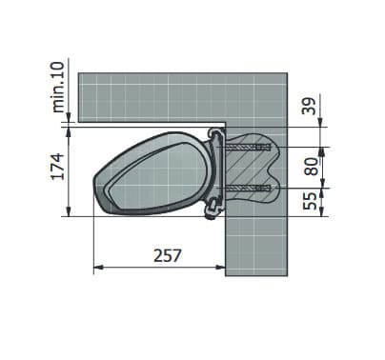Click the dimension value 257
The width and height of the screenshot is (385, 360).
point(168,255)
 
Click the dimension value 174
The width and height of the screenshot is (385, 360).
point(58,167)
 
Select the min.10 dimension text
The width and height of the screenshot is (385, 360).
point(58,87)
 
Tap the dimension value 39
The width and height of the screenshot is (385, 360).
point(310,106)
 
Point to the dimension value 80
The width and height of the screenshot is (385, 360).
point(311,167)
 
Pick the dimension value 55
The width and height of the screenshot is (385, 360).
point(310,200)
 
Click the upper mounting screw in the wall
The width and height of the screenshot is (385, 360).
point(248,147)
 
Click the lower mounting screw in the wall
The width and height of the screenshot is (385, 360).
point(248,189)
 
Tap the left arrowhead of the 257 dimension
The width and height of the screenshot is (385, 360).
point(98,268)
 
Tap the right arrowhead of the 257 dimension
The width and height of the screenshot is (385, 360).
point(221,268)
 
